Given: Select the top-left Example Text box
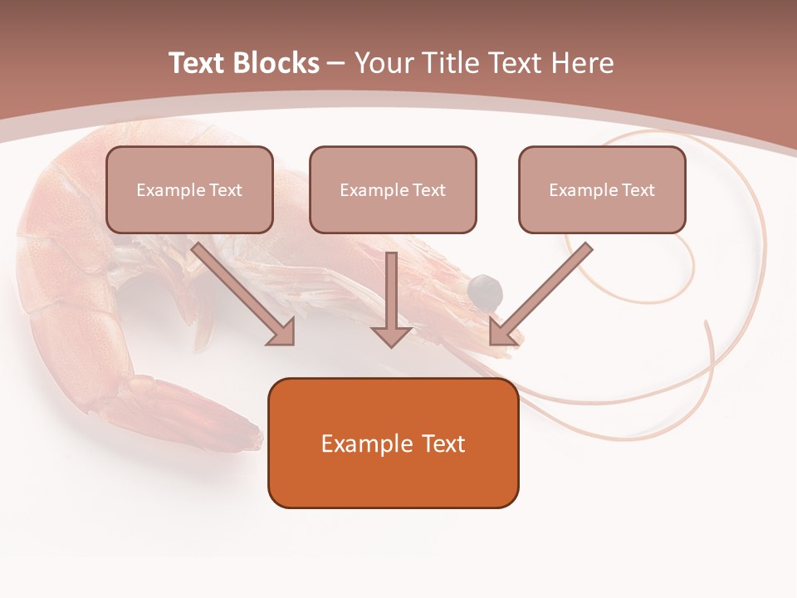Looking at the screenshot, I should (x=189, y=190).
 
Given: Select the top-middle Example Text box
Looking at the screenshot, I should (x=393, y=190).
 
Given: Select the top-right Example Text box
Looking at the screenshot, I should (x=602, y=190).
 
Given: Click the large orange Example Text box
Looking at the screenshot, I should (x=393, y=443).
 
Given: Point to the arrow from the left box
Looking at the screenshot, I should (x=241, y=292).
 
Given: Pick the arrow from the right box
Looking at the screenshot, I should (x=544, y=292).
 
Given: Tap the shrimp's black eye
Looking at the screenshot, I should (x=485, y=289).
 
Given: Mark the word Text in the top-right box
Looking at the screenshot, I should (x=638, y=190).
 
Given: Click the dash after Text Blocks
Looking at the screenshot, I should (x=336, y=63).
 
